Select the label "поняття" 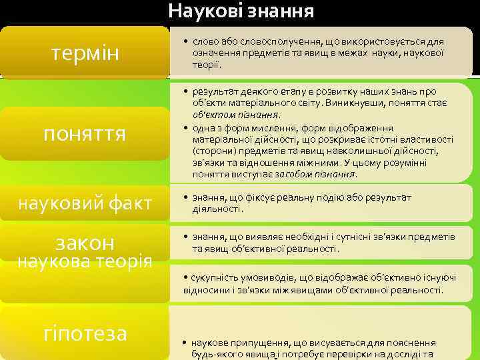pos(84,133)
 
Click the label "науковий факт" pos(84,203)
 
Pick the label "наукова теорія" pos(84,260)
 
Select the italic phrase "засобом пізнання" pos(325,173)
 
